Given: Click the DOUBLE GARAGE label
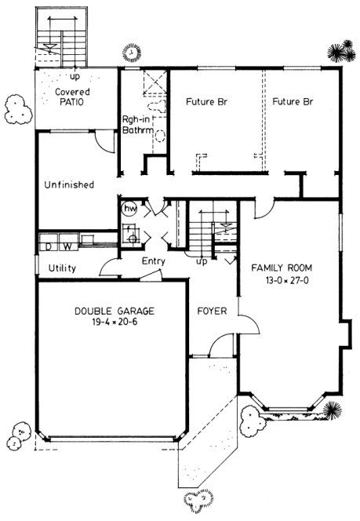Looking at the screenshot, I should click(115, 311).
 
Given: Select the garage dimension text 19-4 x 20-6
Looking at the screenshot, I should click(115, 322).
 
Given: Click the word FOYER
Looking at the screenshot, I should click(212, 312).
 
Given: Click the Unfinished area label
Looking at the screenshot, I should click(69, 185).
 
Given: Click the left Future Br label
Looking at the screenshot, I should click(206, 102).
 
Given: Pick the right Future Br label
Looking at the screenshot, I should click(293, 102).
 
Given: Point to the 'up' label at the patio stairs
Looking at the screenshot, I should click(75, 78).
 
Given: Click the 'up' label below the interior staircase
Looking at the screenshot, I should click(202, 261).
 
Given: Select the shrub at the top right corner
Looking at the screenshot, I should click(340, 53).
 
